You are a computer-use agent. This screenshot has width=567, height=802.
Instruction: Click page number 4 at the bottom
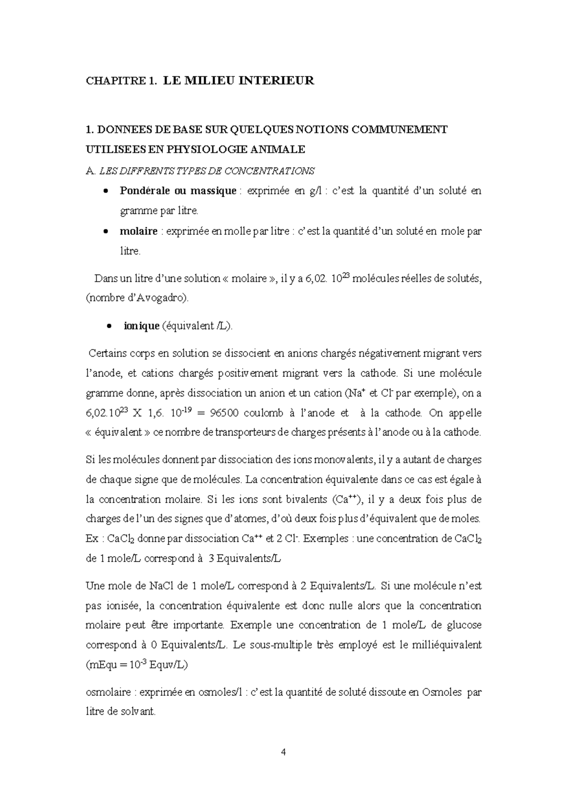click(x=283, y=752)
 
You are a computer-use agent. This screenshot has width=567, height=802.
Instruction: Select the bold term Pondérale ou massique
click(x=178, y=191)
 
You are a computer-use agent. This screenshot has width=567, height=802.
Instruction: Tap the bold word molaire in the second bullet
click(x=138, y=231)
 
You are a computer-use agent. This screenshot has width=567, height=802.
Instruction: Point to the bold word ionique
click(x=141, y=326)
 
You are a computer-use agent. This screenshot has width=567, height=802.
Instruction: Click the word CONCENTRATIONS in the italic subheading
click(x=267, y=171)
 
